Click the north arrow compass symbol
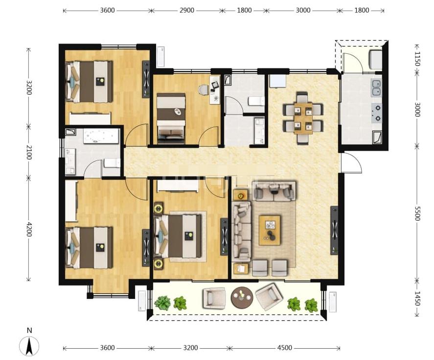tap(29, 346)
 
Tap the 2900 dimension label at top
tap(187, 10)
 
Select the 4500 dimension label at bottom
tap(285, 348)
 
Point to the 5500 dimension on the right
tap(417, 213)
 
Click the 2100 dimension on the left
tap(29, 152)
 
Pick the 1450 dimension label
tap(417, 298)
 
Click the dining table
tap(303, 118)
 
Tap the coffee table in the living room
tap(269, 230)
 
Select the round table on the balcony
tap(242, 297)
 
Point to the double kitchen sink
tap(376, 88)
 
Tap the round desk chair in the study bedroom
tap(204, 90)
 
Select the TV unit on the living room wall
tap(334, 230)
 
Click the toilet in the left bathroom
tap(112, 163)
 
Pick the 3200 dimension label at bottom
tap(190, 348)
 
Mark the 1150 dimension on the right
tap(417, 59)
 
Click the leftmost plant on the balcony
tap(162, 303)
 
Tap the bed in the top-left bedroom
tap(89, 82)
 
